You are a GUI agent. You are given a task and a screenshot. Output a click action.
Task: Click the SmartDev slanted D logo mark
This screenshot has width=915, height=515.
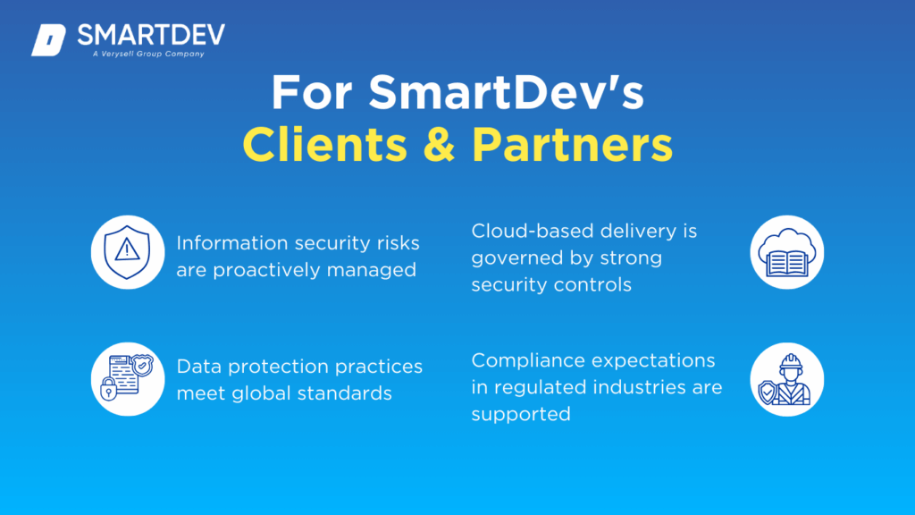pyautogui.click(x=48, y=40)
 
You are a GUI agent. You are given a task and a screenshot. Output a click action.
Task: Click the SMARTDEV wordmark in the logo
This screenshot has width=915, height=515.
pyautogui.click(x=151, y=36)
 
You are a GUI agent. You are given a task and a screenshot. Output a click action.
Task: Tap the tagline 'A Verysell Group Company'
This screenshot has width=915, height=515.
pyautogui.click(x=148, y=54)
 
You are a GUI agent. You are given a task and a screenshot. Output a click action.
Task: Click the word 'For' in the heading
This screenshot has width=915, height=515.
pyautogui.click(x=312, y=92)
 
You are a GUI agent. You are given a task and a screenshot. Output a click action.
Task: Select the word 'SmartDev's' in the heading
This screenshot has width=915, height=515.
pyautogui.click(x=506, y=92)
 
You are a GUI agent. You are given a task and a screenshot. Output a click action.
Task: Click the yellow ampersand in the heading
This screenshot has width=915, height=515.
pyautogui.click(x=439, y=145)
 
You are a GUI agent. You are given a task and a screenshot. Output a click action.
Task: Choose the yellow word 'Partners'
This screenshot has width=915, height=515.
pyautogui.click(x=572, y=145)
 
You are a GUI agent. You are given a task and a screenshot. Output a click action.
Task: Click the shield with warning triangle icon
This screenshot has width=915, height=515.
pyautogui.click(x=128, y=252)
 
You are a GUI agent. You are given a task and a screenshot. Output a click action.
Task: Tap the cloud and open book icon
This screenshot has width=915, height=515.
pyautogui.click(x=786, y=252)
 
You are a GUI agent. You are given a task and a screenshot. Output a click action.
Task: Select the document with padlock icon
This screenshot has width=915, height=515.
pyautogui.click(x=128, y=379)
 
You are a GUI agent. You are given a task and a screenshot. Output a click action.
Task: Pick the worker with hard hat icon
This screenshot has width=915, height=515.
pyautogui.click(x=786, y=379)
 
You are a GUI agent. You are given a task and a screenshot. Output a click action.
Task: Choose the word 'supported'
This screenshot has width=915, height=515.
pyautogui.click(x=521, y=415)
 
